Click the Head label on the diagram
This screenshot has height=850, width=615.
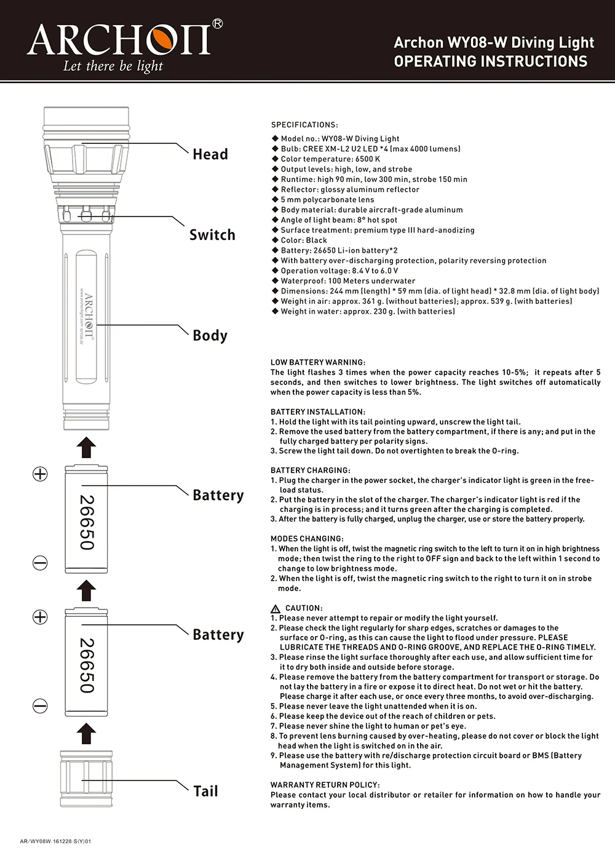tap(210, 154)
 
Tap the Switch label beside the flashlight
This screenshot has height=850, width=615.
tap(212, 235)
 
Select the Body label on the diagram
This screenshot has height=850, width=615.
tap(210, 336)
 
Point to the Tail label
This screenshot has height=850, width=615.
tap(205, 792)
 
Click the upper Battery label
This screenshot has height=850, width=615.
tap(218, 496)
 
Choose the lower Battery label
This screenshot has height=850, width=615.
tap(218, 635)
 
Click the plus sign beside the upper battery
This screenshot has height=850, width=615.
tap(40, 474)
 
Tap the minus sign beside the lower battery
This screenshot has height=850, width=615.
tap(40, 705)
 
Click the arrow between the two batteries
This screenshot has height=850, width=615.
tap(87, 591)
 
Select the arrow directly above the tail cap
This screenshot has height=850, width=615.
tap(87, 734)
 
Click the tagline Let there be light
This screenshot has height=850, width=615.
tap(113, 66)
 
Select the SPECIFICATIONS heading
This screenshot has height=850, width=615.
tap(304, 125)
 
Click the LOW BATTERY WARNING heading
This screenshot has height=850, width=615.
tap(318, 362)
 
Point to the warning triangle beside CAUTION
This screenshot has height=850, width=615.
tap(276, 608)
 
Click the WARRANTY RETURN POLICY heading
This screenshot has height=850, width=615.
tap(325, 785)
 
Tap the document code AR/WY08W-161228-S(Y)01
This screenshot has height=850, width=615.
tap(56, 841)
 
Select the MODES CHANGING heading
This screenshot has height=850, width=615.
tap(307, 539)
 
